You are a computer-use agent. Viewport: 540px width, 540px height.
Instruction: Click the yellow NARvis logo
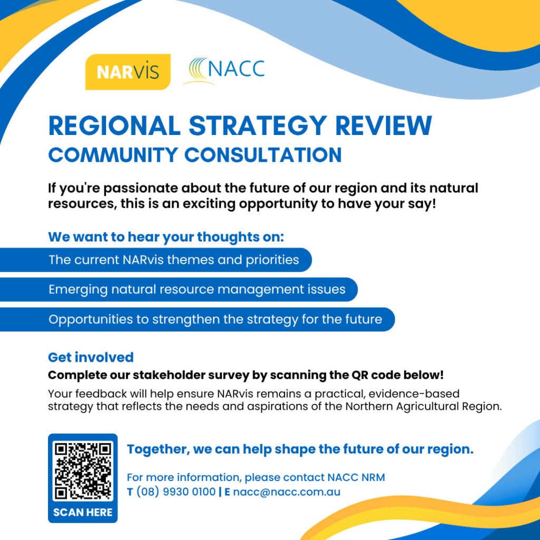tap(128, 72)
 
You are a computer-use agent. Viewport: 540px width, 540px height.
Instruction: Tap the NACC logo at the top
tap(224, 71)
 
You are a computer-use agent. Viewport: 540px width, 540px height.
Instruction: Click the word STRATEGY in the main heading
tap(257, 126)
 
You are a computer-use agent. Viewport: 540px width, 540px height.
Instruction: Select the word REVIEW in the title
tap(383, 126)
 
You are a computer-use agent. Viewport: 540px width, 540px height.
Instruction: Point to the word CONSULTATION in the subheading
tap(263, 155)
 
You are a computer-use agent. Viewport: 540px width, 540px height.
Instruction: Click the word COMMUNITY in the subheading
tap(113, 155)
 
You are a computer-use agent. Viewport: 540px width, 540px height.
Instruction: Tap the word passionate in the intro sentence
tap(141, 188)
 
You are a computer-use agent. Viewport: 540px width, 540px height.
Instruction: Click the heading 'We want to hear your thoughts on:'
tap(166, 237)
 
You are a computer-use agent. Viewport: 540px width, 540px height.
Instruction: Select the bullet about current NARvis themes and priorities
tap(173, 259)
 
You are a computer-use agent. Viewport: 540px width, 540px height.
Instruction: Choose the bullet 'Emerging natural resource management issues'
tap(197, 290)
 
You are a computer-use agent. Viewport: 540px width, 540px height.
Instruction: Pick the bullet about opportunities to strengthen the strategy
tap(215, 319)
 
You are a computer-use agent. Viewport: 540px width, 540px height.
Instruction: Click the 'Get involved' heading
tap(91, 357)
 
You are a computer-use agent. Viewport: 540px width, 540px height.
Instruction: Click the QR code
tap(83, 470)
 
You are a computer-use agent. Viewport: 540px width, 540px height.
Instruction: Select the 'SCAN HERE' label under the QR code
tap(83, 513)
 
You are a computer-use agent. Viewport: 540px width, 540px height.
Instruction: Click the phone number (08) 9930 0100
tap(176, 492)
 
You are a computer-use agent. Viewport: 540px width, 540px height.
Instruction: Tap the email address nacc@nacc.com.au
tap(287, 492)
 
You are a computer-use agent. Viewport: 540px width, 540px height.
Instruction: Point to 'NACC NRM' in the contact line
tap(356, 478)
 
